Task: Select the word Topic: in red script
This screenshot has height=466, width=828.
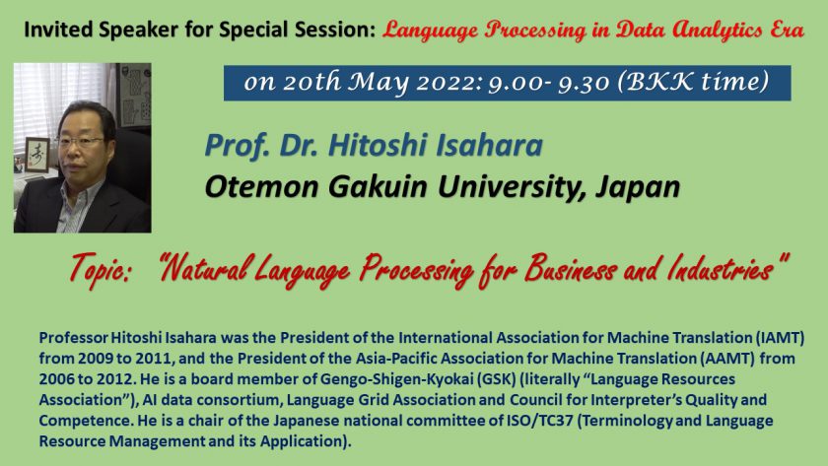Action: click(x=101, y=269)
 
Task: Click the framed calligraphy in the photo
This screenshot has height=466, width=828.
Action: click(x=37, y=155)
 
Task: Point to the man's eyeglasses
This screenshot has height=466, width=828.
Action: click(x=80, y=142)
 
